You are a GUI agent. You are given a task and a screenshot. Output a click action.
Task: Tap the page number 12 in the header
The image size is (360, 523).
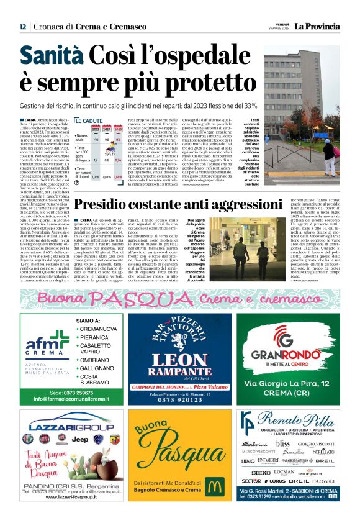[22, 27]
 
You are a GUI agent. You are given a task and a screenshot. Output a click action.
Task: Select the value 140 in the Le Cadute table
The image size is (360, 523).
[96, 140]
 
